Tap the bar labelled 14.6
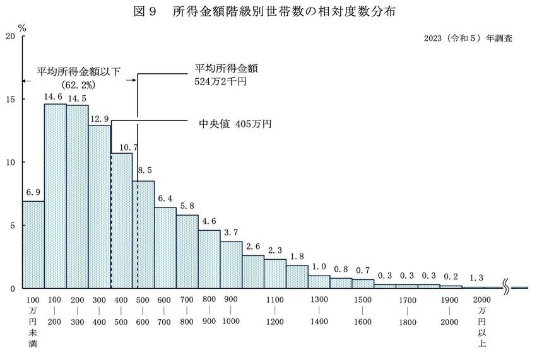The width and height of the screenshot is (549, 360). click(x=55, y=195)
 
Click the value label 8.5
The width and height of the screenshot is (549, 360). click(x=144, y=170)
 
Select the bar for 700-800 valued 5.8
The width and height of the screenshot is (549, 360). click(x=187, y=252)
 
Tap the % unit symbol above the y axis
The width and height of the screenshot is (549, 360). click(x=21, y=28)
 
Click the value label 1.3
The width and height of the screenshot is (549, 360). click(x=476, y=278)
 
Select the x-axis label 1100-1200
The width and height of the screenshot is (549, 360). click(x=275, y=311)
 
